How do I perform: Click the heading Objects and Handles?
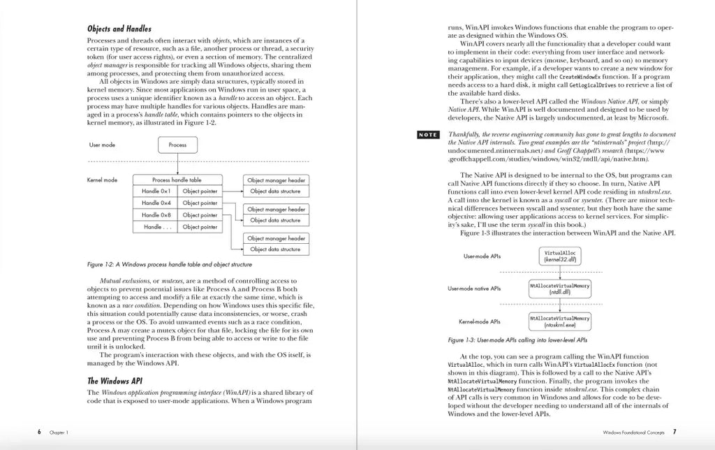[119, 29]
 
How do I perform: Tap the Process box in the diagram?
[177, 145]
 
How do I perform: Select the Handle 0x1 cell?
[156, 191]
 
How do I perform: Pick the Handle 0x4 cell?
[156, 203]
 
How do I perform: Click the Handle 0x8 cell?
[156, 215]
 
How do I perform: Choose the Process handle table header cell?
[177, 180]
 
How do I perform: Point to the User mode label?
[102, 145]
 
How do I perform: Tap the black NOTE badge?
[427, 135]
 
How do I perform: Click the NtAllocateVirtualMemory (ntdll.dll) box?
[559, 289]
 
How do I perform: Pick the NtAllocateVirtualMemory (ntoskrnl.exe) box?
[559, 321]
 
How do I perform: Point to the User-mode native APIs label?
[474, 289]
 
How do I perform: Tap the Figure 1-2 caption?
[170, 265]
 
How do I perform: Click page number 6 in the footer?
[39, 432]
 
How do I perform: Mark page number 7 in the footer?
[675, 432]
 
